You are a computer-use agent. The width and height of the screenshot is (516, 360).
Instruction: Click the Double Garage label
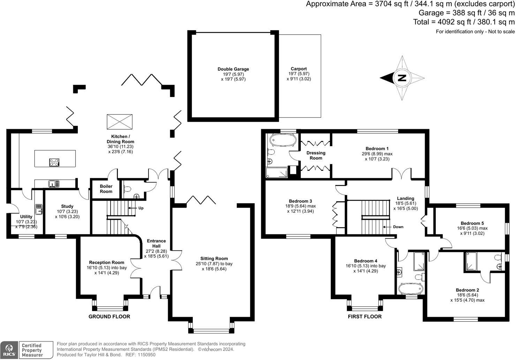pyautogui.click(x=233, y=69)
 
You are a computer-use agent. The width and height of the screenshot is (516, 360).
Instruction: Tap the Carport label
pyautogui.click(x=299, y=69)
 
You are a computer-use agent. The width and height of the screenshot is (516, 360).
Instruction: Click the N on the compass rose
pyautogui.click(x=402, y=78)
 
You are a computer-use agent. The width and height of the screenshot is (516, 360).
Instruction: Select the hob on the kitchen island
pyautogui.click(x=54, y=162)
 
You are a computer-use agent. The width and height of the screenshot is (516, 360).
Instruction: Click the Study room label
pyautogui.click(x=67, y=207)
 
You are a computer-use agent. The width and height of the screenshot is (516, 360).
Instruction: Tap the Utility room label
pyautogui.click(x=26, y=217)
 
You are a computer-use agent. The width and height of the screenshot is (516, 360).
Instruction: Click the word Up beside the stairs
pyautogui.click(x=141, y=208)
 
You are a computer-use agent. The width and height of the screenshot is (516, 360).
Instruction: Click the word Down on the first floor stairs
pyautogui.click(x=398, y=227)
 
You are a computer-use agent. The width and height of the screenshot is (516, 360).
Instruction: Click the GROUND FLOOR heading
pyautogui.click(x=109, y=317)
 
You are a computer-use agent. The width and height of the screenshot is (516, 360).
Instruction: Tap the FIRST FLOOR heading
pyautogui.click(x=365, y=317)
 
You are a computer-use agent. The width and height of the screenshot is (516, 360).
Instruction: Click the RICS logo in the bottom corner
pyautogui.click(x=9, y=350)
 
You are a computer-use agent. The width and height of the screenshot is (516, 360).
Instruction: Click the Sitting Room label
pyautogui.click(x=214, y=258)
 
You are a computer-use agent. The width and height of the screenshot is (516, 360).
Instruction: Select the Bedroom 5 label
pyautogui.click(x=472, y=223)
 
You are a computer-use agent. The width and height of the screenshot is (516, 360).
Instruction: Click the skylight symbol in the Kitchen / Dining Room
pyautogui.click(x=119, y=122)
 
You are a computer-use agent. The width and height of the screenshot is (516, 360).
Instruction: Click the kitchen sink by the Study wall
pyautogui.click(x=54, y=183)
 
